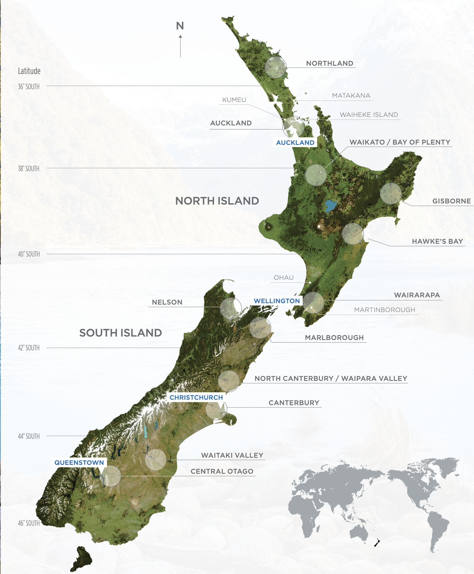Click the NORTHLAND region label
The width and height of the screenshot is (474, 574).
point(329,63)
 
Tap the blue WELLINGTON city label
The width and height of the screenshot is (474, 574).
point(277,301)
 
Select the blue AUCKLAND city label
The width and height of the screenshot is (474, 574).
point(295,143)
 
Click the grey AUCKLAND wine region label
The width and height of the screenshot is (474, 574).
point(231,123)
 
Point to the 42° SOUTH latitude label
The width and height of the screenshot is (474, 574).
point(29,347)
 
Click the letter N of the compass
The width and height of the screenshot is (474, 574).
point(180,26)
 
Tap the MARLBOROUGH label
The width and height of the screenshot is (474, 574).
point(334,338)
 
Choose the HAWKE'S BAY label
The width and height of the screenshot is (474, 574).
point(437,241)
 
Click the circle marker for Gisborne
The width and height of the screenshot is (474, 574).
point(391,194)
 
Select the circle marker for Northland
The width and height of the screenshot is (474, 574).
point(276,67)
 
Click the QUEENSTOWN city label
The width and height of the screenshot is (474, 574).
point(79,463)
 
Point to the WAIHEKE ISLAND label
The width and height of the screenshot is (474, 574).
point(369,115)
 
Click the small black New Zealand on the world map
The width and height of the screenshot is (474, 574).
point(377,543)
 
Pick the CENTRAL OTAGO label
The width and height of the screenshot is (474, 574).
point(222,471)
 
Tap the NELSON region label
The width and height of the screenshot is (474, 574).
point(167,302)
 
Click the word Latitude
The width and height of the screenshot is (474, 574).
point(29,71)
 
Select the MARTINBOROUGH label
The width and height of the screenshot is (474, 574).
point(385,310)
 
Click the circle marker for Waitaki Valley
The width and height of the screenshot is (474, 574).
point(156,460)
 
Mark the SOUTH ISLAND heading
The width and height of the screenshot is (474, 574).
point(120,333)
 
